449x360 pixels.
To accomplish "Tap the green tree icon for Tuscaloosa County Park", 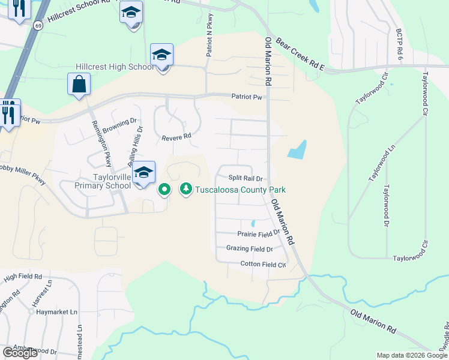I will pyautogui.click(x=186, y=190).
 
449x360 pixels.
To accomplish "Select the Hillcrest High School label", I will pyautogui.click(x=115, y=67).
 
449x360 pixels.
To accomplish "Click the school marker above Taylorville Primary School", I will pyautogui.click(x=143, y=173).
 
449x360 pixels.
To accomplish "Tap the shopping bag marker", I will pyautogui.click(x=79, y=85).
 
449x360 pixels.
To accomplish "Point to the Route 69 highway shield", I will pyautogui.click(x=38, y=25).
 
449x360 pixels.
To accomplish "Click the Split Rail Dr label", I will pyautogui.click(x=246, y=178).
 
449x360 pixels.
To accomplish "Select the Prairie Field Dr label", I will pyautogui.click(x=259, y=234).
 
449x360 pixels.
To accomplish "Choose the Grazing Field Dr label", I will pyautogui.click(x=250, y=248).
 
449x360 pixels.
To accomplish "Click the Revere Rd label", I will pyautogui.click(x=176, y=137).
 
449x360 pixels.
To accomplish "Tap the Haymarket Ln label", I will pyautogui.click(x=56, y=313).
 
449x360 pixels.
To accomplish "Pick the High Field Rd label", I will pyautogui.click(x=22, y=277).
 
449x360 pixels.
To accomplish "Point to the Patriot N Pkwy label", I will pyautogui.click(x=210, y=37).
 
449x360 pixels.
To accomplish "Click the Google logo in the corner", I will pyautogui.click(x=20, y=353).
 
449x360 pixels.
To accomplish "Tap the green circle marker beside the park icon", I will pyautogui.click(x=164, y=190).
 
